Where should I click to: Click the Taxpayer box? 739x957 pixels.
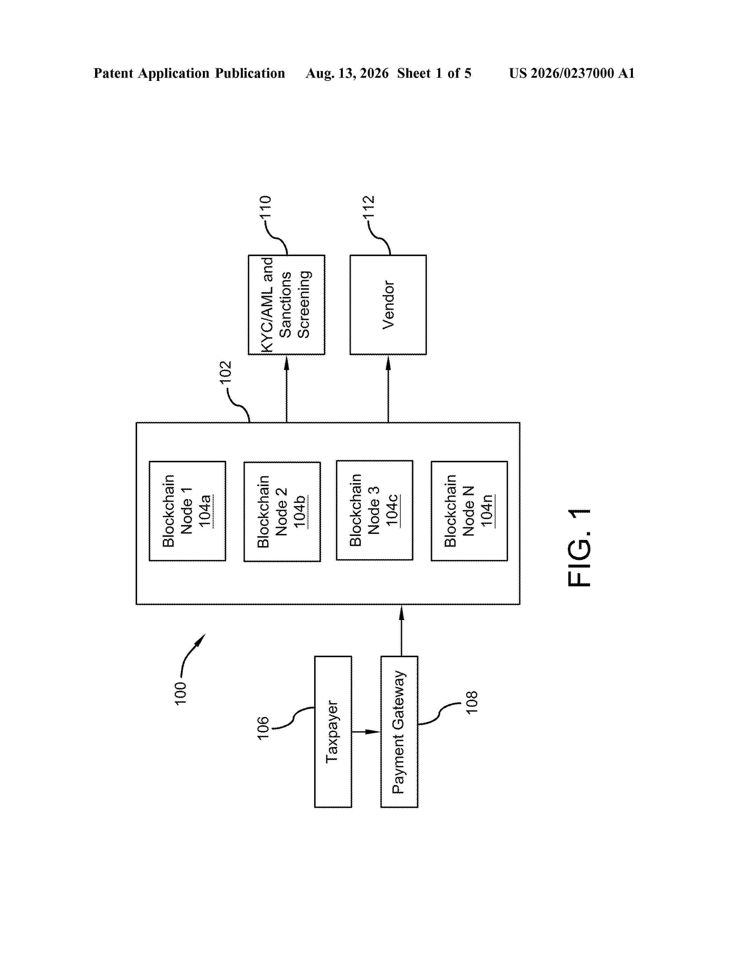(333, 731)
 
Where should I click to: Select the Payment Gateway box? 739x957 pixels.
(399, 731)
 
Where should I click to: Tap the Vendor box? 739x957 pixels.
(388, 304)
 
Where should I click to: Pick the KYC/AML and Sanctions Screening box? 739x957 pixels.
(286, 304)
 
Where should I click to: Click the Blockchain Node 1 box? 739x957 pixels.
(188, 511)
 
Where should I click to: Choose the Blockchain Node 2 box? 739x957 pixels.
(282, 511)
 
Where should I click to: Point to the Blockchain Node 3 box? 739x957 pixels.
(374, 510)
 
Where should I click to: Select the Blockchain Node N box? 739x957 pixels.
(469, 511)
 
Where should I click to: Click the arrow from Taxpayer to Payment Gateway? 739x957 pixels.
(366, 731)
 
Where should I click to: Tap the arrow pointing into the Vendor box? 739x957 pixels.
(388, 389)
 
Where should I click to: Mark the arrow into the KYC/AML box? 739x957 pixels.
(287, 389)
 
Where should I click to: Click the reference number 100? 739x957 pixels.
(180, 693)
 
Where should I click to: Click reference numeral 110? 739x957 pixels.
(265, 207)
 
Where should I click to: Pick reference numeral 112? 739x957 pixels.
(369, 207)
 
